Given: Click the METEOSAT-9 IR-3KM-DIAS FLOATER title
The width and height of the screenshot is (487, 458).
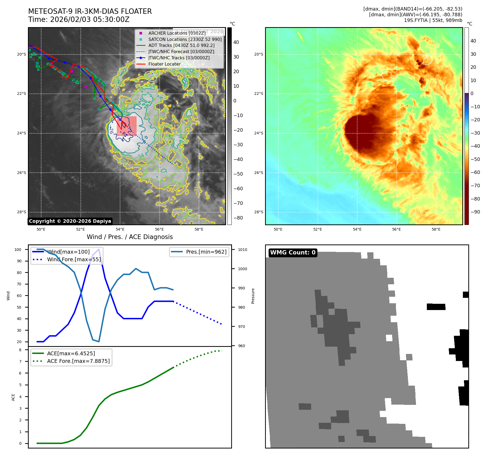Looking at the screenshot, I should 90,11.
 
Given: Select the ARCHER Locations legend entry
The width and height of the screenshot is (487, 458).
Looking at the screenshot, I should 177,33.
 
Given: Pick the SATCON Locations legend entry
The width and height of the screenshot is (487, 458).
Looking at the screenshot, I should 185,39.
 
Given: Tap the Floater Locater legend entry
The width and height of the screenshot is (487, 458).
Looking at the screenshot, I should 164,64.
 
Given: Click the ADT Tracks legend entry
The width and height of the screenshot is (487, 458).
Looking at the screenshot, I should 181,45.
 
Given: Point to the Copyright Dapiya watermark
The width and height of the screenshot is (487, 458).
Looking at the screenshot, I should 70,221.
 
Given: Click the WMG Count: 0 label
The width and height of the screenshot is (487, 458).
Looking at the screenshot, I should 293,253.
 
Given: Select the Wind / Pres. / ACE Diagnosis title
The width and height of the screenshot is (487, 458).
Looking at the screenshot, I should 130,237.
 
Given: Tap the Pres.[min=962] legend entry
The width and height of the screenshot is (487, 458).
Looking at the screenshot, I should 206,252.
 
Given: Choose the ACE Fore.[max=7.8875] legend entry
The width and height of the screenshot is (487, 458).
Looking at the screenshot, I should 78,361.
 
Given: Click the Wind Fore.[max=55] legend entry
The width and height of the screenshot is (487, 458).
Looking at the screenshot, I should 74,259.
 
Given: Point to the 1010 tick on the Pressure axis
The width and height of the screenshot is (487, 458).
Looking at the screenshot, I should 243,250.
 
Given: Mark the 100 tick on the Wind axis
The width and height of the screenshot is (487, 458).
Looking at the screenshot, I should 18,250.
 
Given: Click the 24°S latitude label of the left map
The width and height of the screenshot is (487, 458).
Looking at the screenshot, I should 22,133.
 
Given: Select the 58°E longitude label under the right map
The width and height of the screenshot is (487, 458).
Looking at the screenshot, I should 436,229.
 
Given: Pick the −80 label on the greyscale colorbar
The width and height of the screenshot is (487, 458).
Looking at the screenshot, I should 238,218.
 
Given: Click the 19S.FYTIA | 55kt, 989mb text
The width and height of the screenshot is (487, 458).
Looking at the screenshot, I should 433,20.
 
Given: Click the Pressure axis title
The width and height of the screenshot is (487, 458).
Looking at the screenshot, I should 253,296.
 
